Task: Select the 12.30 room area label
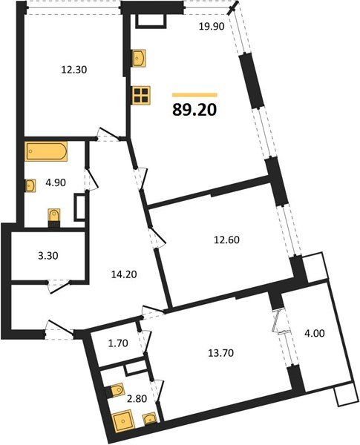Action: coord(73,71)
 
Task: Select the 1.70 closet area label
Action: coord(117,343)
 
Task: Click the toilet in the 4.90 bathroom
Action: coord(53,215)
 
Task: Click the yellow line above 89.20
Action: coord(194,95)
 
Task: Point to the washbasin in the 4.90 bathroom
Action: coord(31,185)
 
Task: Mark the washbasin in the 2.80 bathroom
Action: coord(151,421)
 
